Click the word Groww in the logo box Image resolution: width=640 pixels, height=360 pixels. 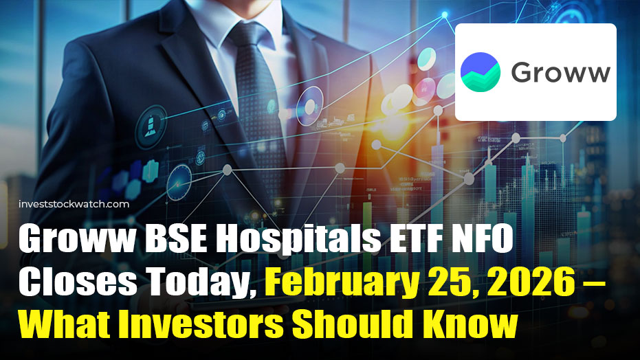(x=560, y=72)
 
